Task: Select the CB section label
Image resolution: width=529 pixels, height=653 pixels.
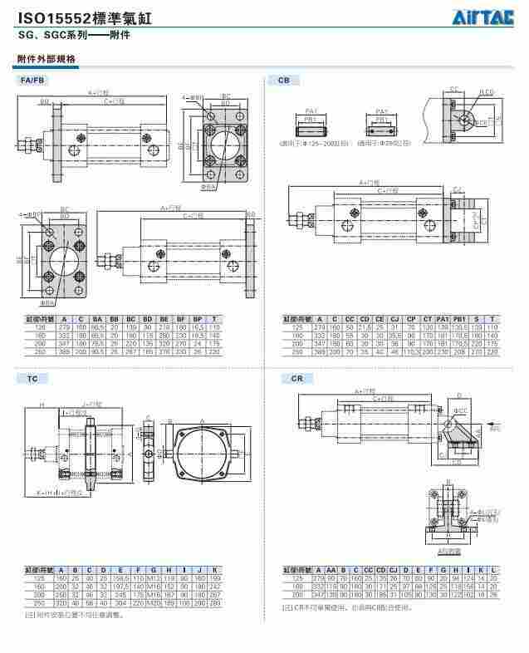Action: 284,80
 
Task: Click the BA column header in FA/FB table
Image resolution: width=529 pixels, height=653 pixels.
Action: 97,318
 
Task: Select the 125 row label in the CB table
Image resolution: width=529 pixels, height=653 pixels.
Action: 297,326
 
